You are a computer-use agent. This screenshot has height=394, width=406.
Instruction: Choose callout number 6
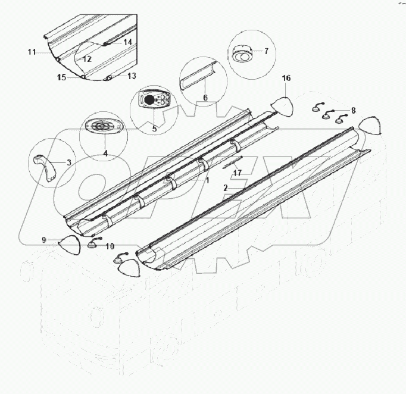point(205,98)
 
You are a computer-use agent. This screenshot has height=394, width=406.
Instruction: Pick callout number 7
point(266,51)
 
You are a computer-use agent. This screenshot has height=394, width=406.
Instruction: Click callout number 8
point(353,110)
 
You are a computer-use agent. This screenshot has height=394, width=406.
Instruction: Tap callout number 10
point(110,245)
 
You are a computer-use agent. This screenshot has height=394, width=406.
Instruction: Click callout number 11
point(32,53)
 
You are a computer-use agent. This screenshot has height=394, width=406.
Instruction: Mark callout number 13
point(132,76)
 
